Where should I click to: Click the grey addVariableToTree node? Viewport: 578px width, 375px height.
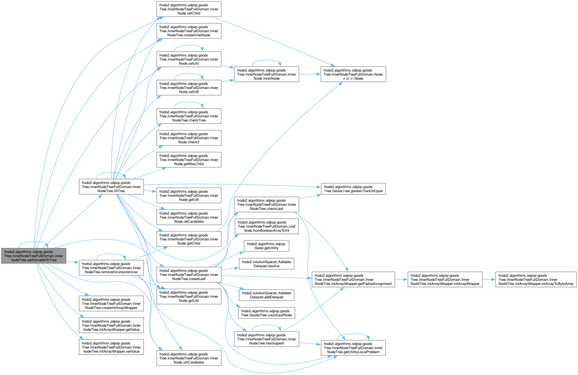click(34, 256)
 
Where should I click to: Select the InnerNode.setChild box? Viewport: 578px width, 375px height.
click(189, 9)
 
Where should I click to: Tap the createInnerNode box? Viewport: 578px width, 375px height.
click(189, 31)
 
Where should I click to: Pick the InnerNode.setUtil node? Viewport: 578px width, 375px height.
click(189, 59)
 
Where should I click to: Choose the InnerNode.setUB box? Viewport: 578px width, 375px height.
click(189, 88)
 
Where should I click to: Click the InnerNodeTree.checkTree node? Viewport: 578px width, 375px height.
click(189, 116)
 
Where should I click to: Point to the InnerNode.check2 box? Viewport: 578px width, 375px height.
click(189, 138)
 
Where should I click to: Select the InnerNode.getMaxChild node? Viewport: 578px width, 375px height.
click(189, 160)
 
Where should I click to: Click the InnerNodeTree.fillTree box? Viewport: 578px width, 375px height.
click(111, 187)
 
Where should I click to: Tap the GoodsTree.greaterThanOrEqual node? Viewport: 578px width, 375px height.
click(353, 189)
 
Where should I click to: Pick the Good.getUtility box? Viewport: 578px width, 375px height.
click(266, 246)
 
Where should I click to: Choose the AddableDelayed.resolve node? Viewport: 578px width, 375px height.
click(266, 264)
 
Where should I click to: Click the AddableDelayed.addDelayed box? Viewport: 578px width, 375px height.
click(266, 295)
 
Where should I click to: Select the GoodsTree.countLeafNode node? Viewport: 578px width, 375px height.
click(266, 313)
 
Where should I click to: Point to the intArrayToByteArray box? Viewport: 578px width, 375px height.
click(536, 280)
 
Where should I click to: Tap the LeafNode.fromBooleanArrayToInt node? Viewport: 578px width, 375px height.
click(266, 227)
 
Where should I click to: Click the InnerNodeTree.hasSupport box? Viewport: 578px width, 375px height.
click(266, 339)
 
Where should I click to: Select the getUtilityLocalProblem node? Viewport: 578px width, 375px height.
click(353, 348)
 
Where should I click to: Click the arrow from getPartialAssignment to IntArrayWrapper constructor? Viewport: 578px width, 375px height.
click(401, 280)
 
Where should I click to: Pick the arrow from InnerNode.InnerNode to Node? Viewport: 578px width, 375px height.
click(310, 74)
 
